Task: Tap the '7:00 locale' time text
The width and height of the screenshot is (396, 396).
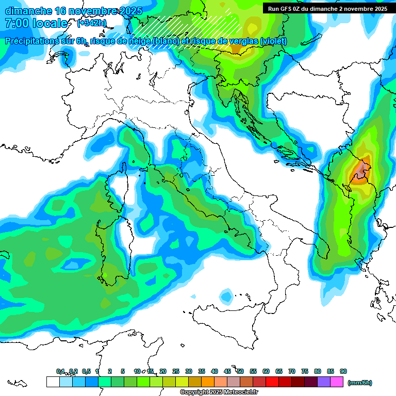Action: pos(36,23)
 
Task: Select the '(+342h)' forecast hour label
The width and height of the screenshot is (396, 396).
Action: pos(92,23)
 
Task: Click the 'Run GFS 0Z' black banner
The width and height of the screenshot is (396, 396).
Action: pos(328,8)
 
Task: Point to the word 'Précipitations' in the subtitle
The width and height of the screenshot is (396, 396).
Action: pos(35,41)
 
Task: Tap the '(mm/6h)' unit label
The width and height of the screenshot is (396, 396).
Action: pos(359,383)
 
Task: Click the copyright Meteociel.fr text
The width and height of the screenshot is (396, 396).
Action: pos(219,392)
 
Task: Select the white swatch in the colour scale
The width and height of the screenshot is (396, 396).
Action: pos(53,382)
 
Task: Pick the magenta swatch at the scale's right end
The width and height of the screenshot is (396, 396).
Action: pos(337,382)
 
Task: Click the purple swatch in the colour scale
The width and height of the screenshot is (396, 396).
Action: pos(324,382)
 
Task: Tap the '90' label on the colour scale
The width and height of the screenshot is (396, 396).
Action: pos(343,371)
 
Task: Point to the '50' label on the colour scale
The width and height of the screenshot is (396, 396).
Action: pos(240,371)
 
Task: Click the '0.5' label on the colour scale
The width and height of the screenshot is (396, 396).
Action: pos(86,371)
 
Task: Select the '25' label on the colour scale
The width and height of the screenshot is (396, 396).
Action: pos(176,371)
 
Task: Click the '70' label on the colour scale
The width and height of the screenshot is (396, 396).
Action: pos(292,371)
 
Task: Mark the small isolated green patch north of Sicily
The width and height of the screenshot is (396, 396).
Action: pos(226,296)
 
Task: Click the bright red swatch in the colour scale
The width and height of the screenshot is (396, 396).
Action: pos(273,382)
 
